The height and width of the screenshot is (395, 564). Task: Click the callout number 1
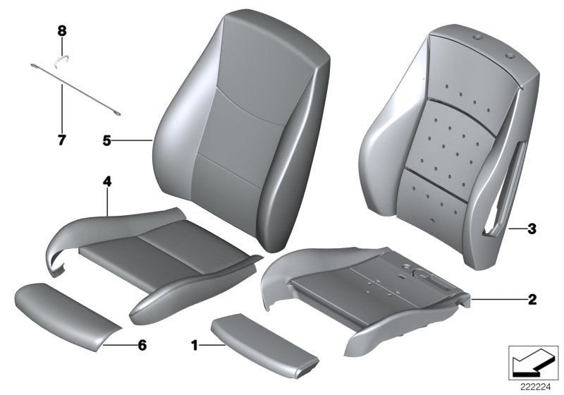tap(195, 347)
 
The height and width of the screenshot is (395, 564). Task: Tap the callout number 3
tap(532, 229)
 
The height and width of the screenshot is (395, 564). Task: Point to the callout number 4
tap(106, 182)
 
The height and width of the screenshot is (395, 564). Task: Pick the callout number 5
tap(106, 141)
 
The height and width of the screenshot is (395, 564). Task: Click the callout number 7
tap(61, 140)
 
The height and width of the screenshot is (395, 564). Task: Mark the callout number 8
tap(61, 30)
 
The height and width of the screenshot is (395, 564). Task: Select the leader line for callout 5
tap(134, 141)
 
